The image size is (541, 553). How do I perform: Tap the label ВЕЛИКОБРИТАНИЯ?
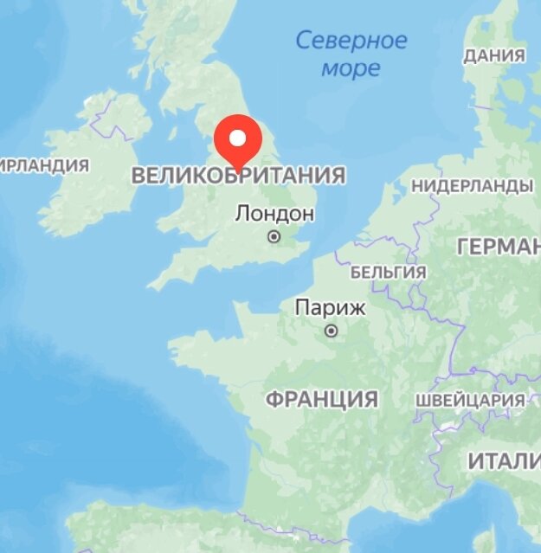click(238, 176)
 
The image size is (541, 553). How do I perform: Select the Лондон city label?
click(274, 214)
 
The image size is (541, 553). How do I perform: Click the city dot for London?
click(274, 235)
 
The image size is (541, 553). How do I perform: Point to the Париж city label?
click(331, 307)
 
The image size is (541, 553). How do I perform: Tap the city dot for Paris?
click(331, 330)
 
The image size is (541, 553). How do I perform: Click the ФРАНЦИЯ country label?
click(321, 399)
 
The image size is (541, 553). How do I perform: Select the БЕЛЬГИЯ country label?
click(389, 272)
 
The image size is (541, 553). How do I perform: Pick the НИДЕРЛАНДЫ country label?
click(472, 186)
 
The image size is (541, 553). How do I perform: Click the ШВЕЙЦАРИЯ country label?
click(470, 401)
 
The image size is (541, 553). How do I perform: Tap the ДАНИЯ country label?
click(494, 56)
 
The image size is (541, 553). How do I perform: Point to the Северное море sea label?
click(351, 54)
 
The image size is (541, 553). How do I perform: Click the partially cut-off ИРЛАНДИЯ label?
click(45, 164)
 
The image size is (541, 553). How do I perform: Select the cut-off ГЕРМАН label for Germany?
click(498, 248)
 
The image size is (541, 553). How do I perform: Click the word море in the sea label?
click(351, 68)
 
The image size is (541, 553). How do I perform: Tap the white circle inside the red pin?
click(237, 137)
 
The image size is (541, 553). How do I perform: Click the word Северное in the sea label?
click(351, 40)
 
